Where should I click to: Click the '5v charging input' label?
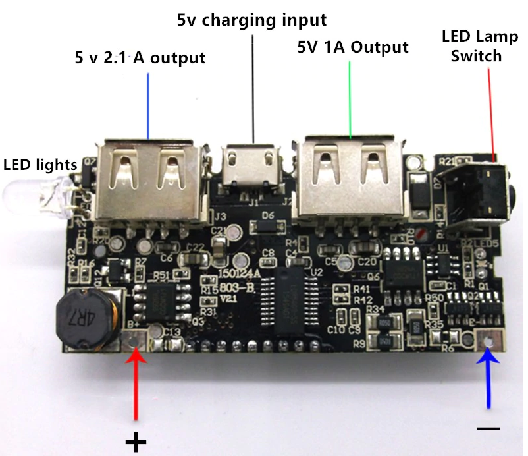coord(251,20)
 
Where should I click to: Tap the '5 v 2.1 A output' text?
coord(140,58)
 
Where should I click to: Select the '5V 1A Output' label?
coord(353,47)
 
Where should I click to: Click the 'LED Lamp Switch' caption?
coord(471,45)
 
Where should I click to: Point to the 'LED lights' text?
coord(40,163)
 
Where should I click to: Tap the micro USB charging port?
coord(250,171)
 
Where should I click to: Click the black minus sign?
coord(488,428)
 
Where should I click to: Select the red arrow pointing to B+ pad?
coord(136,385)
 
